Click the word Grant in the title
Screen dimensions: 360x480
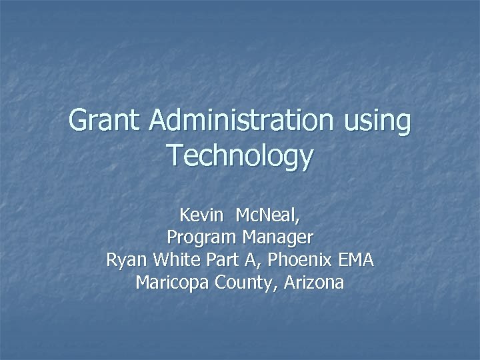point(106,121)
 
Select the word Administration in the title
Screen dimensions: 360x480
point(241,121)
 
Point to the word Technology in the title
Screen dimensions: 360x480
point(240,156)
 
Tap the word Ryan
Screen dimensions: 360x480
point(127,261)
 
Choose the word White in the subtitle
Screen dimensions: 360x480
point(175,260)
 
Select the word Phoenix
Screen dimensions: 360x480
point(292,260)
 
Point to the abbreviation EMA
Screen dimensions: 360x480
point(356,260)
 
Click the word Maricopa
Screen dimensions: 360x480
point(172,283)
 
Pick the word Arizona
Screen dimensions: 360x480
point(313,283)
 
